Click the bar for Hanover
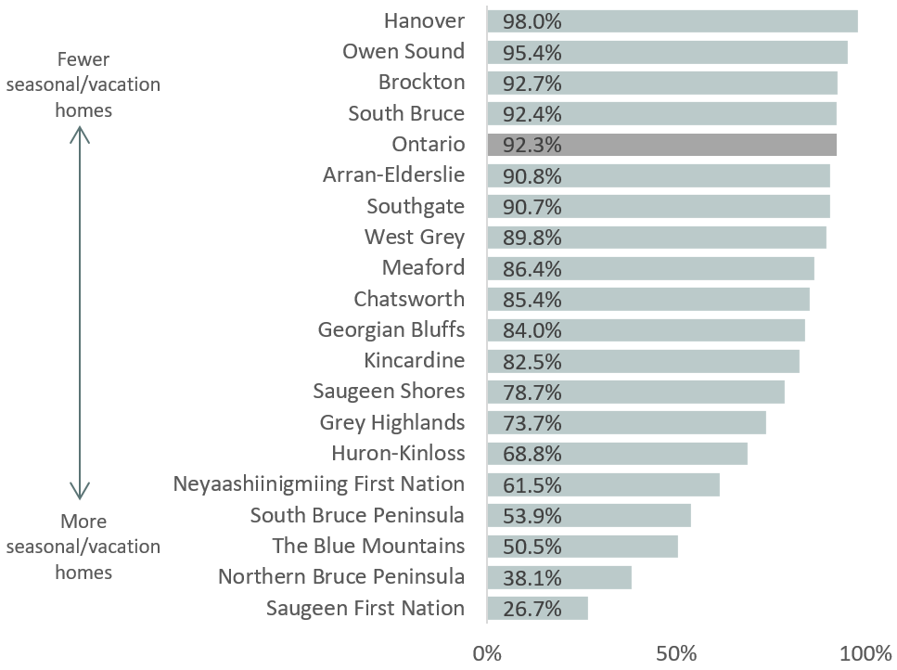(x=673, y=20)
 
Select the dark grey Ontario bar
(x=662, y=145)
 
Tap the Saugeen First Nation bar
(x=538, y=608)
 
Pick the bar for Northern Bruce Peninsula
(x=559, y=577)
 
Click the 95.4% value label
(x=532, y=52)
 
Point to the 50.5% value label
(x=532, y=547)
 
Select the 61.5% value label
(x=532, y=484)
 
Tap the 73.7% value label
(x=532, y=423)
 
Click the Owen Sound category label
(x=404, y=51)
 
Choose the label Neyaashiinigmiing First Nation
(x=319, y=483)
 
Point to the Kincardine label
(x=415, y=360)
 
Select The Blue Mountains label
(x=368, y=546)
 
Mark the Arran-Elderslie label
(x=394, y=174)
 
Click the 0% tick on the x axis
(x=487, y=651)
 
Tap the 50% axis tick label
(x=677, y=651)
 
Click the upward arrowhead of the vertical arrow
(x=81, y=135)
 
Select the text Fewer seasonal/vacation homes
(x=83, y=85)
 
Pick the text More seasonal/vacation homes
(x=83, y=547)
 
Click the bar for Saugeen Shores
(x=635, y=392)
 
